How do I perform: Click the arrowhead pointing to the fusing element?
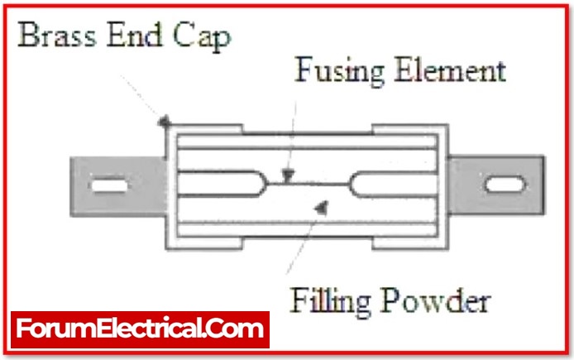pos(286,175)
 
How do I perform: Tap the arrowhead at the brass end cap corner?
pos(165,122)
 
